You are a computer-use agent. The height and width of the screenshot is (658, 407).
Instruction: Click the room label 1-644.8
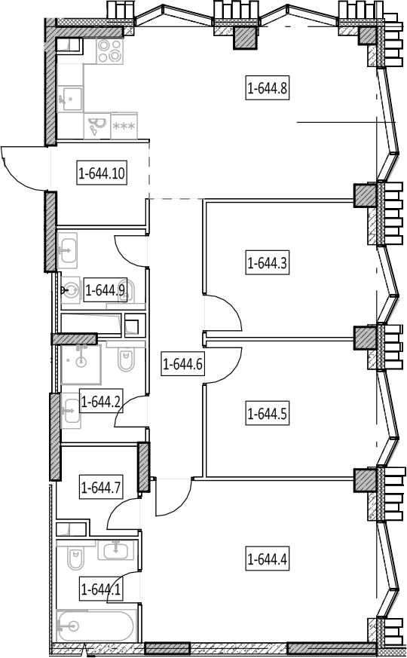[x=268, y=88]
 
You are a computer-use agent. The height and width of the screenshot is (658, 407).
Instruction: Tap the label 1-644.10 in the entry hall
[x=102, y=173]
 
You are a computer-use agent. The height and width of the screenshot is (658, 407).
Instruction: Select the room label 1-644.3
[x=268, y=264]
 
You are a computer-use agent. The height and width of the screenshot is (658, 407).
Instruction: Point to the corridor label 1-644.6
[x=183, y=364]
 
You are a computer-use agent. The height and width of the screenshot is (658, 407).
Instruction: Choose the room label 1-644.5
[x=268, y=414]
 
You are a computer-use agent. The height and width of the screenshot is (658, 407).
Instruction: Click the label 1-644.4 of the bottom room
[x=268, y=559]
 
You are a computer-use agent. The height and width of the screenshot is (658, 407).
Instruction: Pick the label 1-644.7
[x=101, y=487]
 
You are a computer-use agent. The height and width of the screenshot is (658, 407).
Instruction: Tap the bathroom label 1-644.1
[x=101, y=589]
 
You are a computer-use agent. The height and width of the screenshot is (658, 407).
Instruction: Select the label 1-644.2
[x=101, y=402]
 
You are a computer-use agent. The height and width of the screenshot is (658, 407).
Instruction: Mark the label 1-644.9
[x=106, y=290]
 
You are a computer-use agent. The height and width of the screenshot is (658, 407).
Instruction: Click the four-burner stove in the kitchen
[x=110, y=50]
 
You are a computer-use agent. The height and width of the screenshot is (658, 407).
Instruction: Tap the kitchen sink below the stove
[x=69, y=99]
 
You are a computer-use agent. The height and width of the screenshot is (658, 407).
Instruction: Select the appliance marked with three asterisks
[x=124, y=125]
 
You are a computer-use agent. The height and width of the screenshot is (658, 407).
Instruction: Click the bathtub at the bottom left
[x=96, y=626]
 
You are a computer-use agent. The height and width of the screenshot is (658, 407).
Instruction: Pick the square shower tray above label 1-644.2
[x=81, y=364]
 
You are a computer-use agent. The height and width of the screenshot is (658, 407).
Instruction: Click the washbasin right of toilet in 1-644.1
[x=116, y=549]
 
